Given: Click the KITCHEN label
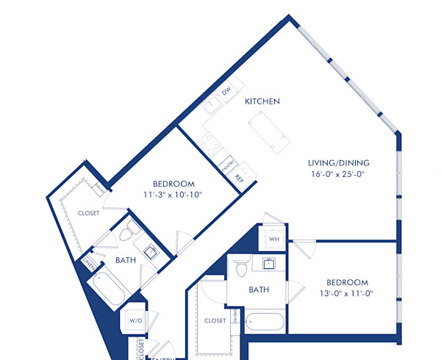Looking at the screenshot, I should [x=262, y=101].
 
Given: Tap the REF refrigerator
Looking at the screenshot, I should [x=238, y=178].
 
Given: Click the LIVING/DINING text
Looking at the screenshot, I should [x=339, y=162].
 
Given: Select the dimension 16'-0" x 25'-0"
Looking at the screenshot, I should [x=339, y=174].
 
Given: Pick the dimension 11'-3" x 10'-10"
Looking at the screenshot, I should [x=173, y=195].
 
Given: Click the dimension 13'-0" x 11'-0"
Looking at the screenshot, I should [x=347, y=293].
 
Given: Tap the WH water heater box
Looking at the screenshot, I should [x=273, y=239].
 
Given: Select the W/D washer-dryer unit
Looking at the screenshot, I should [x=135, y=320].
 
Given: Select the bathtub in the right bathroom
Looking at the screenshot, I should [x=264, y=322].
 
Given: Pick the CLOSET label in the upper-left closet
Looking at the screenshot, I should [x=88, y=213].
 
